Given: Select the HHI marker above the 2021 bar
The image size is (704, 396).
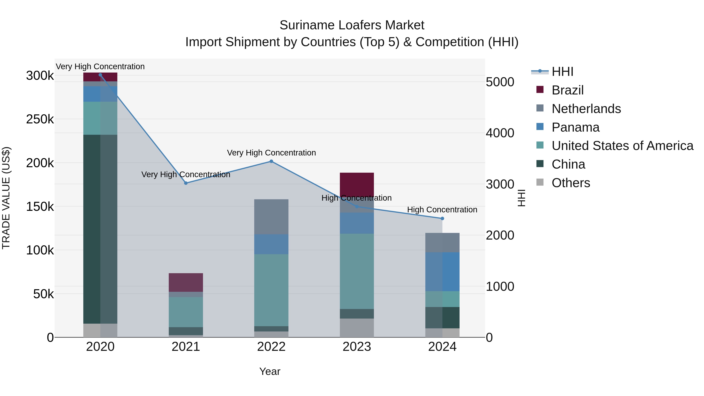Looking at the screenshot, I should coord(186,183).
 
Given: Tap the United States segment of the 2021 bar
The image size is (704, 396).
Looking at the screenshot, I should coord(186,312).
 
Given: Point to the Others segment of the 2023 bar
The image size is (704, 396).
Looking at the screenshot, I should coord(357,328).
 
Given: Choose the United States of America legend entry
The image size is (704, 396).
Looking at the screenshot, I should coord(622,146).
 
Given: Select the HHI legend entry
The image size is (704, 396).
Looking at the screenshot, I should coord(562,72).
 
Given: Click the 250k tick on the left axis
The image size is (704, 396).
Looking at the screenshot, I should coord(40,119).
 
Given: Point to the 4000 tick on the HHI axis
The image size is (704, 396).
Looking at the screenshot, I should coord(500,133).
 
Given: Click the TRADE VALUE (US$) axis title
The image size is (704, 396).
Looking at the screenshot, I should coord(6,198).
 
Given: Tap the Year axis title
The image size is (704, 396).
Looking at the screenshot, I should coord(269,371).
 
